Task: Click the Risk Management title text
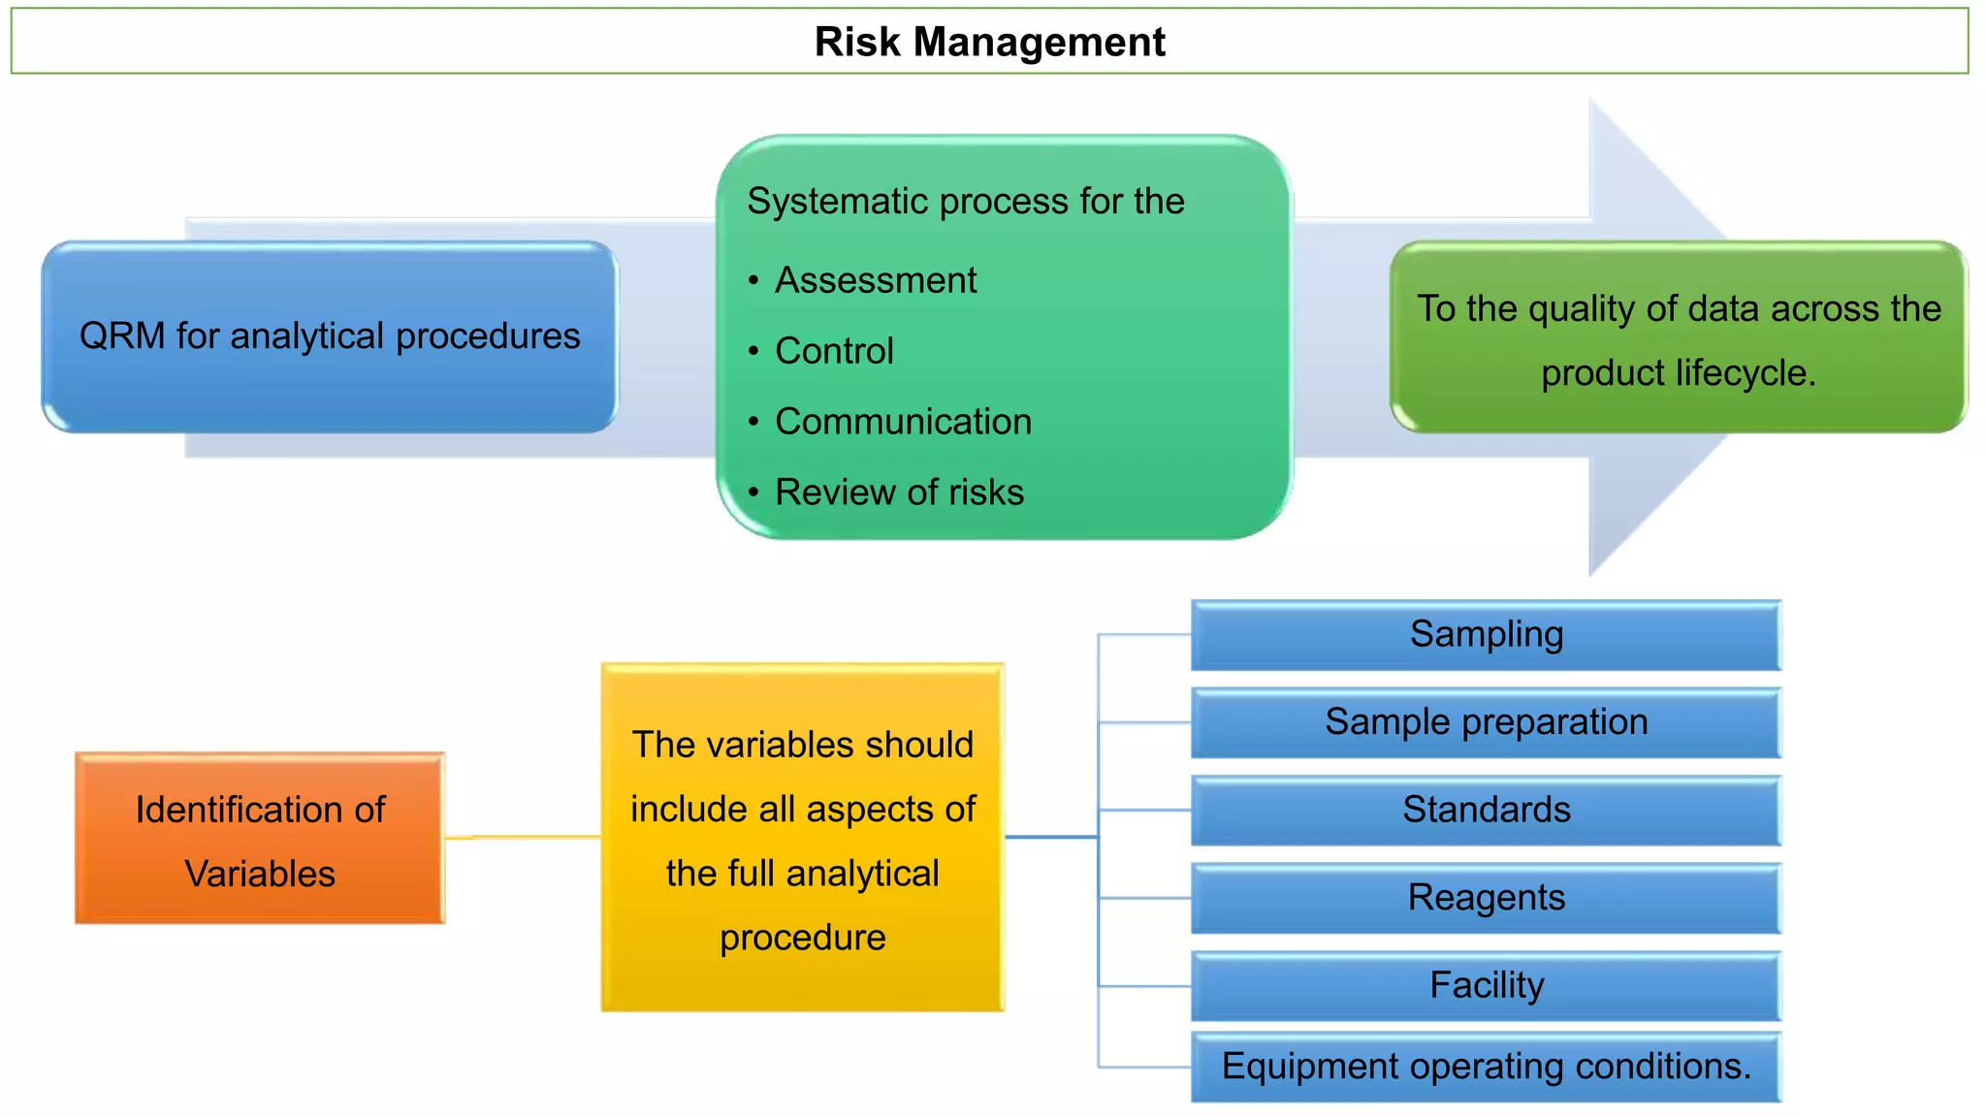[x=989, y=42]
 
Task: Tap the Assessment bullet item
[x=876, y=280]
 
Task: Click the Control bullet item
[x=834, y=351]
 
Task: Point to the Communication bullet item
[x=903, y=422]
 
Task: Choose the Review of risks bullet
[x=899, y=493]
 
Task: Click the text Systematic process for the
[x=966, y=202]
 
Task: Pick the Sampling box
[x=1486, y=635]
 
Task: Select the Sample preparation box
[x=1486, y=722]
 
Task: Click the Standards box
[x=1486, y=810]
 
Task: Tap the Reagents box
[x=1486, y=898]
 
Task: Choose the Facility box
[x=1486, y=985]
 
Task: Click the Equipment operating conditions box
[x=1486, y=1067]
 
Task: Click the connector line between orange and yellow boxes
[x=524, y=837]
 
